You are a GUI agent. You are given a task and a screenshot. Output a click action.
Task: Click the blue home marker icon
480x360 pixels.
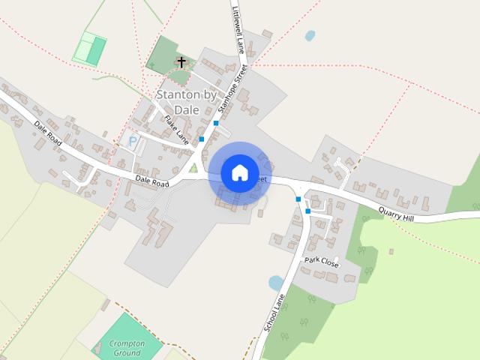tap(239, 172)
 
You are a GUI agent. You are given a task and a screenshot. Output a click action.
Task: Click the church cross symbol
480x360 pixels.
tap(181, 61)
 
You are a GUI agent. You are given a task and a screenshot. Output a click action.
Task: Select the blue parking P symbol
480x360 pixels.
tap(133, 140)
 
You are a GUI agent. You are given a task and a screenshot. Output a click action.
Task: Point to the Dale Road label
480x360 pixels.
tap(151, 181)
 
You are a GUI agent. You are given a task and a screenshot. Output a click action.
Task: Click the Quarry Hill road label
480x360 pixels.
tap(395, 214)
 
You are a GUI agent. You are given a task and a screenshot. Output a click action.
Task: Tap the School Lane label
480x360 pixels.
tap(274, 314)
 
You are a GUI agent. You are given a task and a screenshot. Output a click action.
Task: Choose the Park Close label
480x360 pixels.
tap(321, 262)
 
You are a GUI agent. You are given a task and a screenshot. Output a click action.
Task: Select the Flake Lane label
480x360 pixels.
tap(176, 128)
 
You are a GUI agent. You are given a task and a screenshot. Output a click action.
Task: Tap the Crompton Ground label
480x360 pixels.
tap(126, 347)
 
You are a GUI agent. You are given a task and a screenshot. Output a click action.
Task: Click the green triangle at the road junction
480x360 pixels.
tap(193, 167)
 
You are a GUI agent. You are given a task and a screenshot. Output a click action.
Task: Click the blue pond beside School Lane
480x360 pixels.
tap(276, 283)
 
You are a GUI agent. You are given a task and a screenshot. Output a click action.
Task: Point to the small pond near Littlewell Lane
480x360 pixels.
tap(310, 35)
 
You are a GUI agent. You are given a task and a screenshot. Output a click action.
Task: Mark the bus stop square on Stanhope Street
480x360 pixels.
tap(216, 122)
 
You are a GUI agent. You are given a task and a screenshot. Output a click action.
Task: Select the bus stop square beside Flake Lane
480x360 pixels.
tap(201, 139)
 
